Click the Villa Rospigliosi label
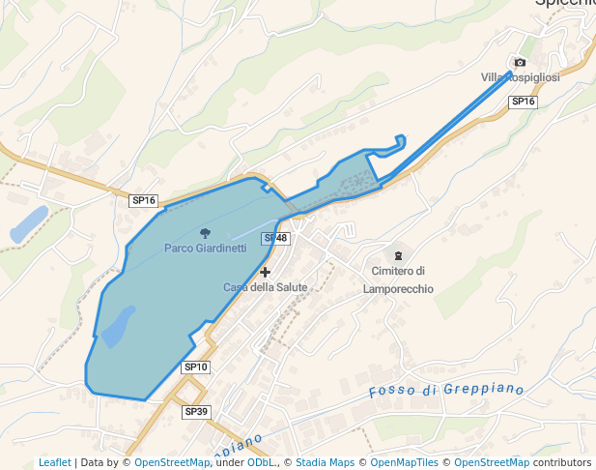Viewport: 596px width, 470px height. [520, 77]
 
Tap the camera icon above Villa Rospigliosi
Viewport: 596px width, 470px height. [521, 63]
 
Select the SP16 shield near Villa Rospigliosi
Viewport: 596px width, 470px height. [522, 102]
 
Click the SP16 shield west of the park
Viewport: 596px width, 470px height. [143, 200]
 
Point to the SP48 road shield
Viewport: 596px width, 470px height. [275, 238]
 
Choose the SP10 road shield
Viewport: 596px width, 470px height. [195, 367]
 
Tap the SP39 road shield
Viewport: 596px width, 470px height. [195, 412]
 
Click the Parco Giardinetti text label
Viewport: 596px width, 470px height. [205, 249]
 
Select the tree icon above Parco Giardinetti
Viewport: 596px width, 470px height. [205, 232]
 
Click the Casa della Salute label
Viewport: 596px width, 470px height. [266, 287]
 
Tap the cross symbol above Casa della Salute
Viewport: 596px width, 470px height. [266, 273]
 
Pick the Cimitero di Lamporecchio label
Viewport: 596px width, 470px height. [398, 280]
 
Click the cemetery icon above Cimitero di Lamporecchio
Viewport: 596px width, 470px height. [398, 253]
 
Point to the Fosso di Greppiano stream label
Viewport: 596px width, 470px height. [446, 391]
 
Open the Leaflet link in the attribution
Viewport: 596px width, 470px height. [55, 462]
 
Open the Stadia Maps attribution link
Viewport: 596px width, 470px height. [326, 462]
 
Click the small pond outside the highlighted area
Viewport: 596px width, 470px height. [28, 223]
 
